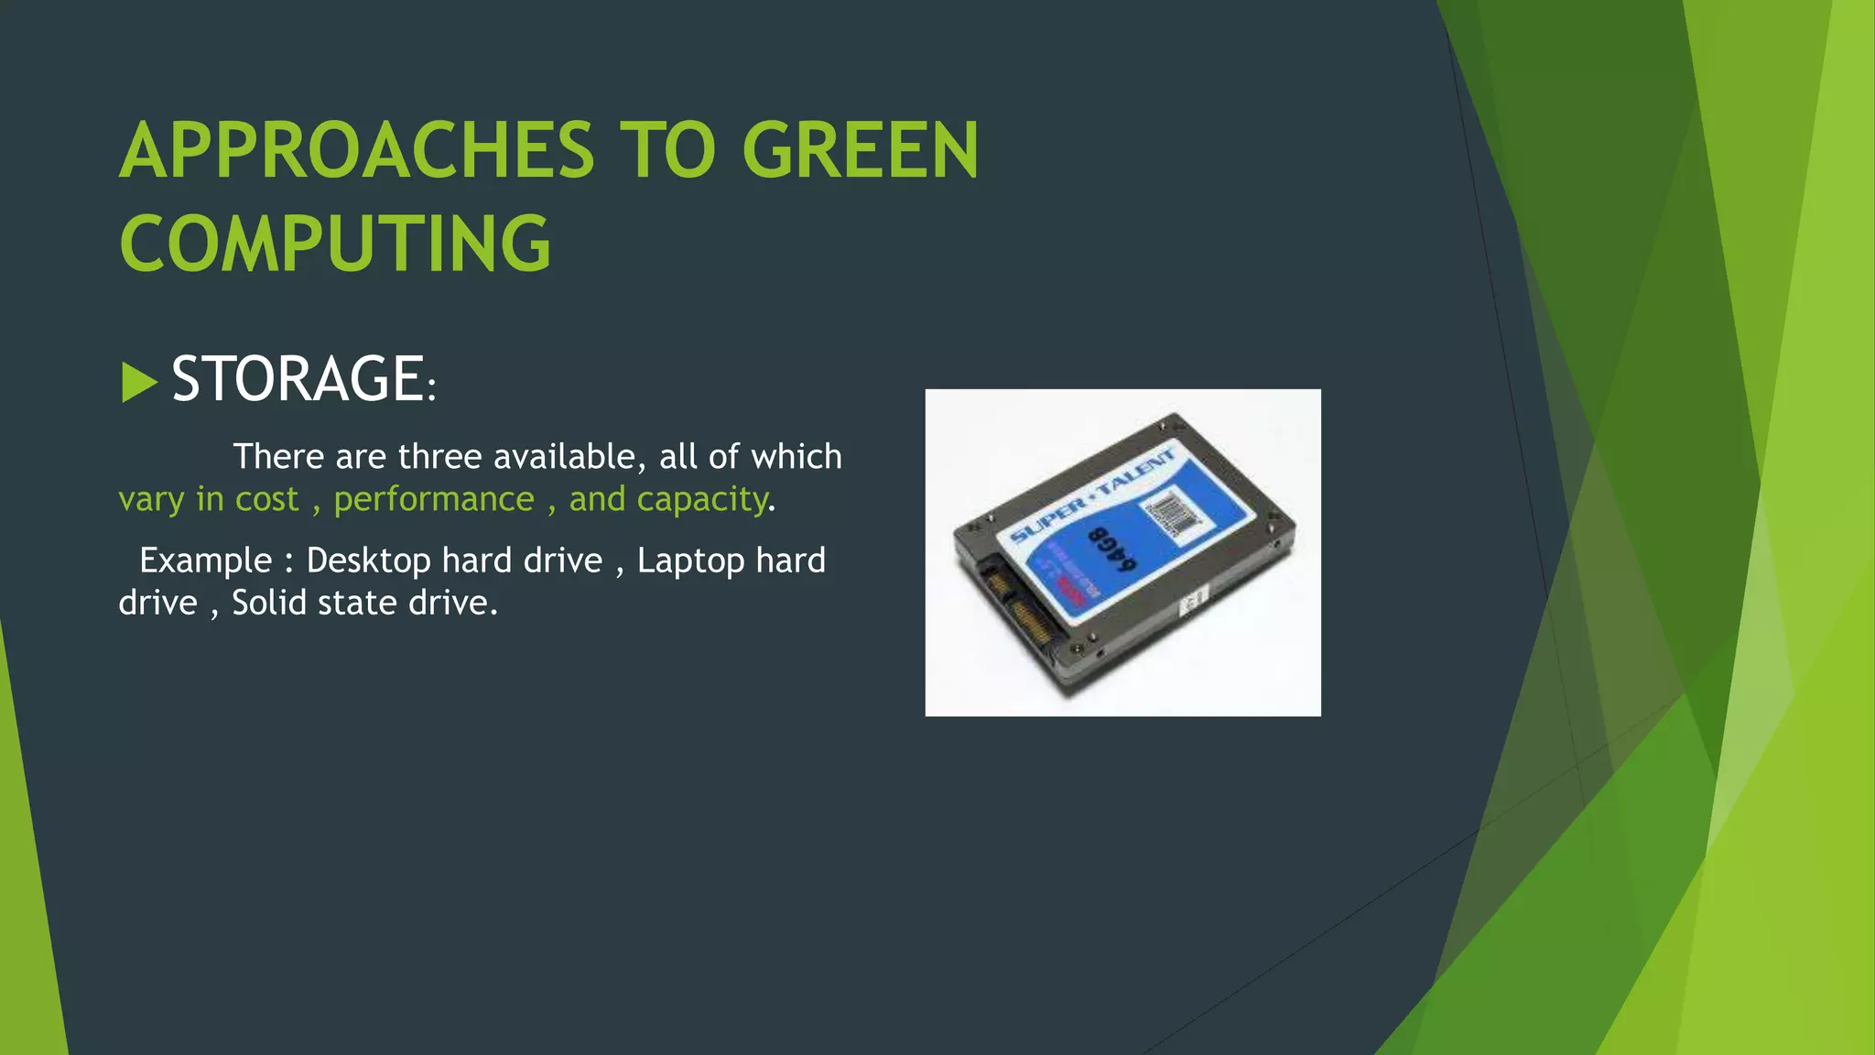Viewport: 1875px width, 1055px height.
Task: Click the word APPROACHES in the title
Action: coord(357,151)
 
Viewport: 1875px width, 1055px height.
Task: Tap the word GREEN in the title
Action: coord(861,151)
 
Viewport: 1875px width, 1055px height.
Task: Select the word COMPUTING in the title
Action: coord(335,245)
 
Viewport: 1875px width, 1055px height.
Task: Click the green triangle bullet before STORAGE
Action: coord(138,382)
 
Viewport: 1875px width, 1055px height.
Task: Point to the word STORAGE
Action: coord(297,379)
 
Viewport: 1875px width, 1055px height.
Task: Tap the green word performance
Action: coord(433,500)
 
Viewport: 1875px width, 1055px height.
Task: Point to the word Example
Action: coord(205,560)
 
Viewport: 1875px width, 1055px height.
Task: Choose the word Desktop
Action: coord(368,560)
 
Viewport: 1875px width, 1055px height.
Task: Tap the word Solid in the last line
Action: coord(270,604)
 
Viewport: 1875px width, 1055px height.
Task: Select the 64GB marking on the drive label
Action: coord(1111,549)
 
